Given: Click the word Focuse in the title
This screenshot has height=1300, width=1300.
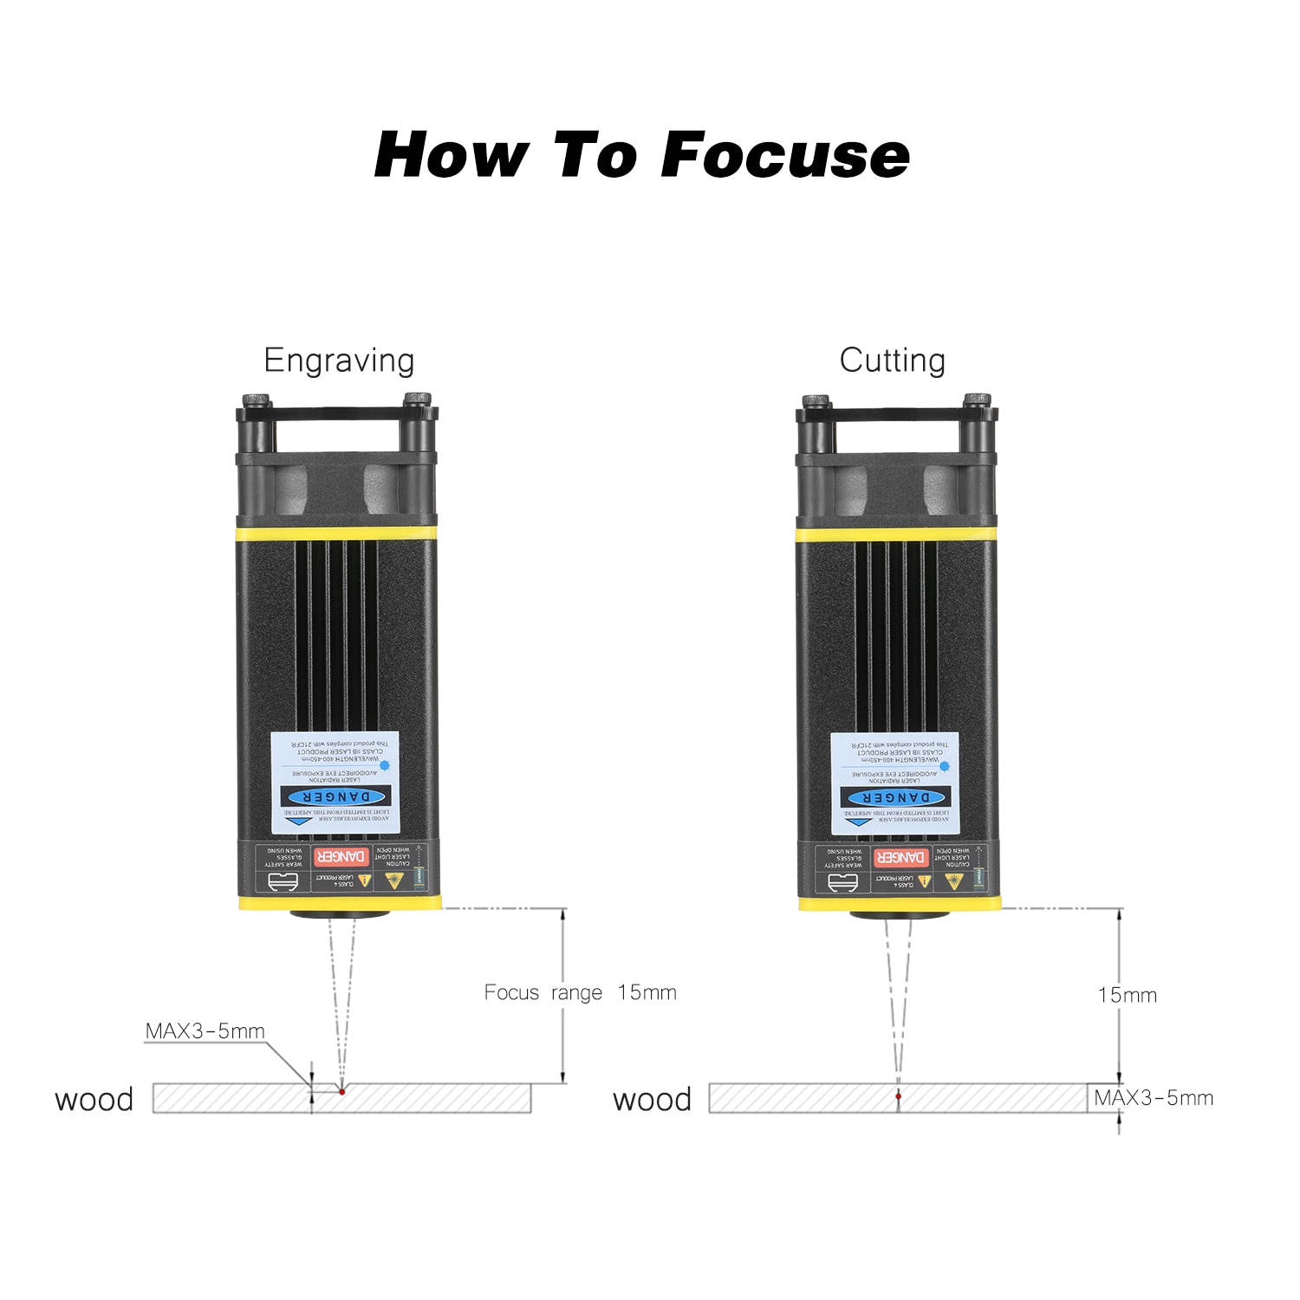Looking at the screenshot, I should pyautogui.click(x=785, y=156).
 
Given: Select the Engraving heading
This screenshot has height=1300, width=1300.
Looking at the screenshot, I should pyautogui.click(x=339, y=361).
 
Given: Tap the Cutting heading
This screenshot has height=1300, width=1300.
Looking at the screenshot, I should pyautogui.click(x=892, y=361).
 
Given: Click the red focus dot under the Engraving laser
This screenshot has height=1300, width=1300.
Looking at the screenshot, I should pyautogui.click(x=342, y=1091).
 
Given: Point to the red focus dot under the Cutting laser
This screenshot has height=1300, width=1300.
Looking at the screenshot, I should pyautogui.click(x=899, y=1096).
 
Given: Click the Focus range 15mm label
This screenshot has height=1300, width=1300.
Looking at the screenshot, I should pyautogui.click(x=580, y=992).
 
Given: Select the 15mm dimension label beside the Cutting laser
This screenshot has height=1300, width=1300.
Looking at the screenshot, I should pyautogui.click(x=1127, y=995).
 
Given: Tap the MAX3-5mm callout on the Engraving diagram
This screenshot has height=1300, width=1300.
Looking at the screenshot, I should pyautogui.click(x=205, y=1031).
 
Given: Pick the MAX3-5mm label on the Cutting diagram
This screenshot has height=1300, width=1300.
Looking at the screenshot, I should pyautogui.click(x=1153, y=1098).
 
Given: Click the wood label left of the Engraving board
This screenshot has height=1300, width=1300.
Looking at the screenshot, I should pyautogui.click(x=94, y=1100).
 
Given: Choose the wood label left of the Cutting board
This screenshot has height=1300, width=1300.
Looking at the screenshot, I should pyautogui.click(x=652, y=1100).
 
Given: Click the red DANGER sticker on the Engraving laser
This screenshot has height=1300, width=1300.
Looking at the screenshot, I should pyautogui.click(x=341, y=856).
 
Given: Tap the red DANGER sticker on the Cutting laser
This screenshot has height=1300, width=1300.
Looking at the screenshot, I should pyautogui.click(x=901, y=857).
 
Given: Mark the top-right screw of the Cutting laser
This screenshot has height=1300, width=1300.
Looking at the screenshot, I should pyautogui.click(x=977, y=400).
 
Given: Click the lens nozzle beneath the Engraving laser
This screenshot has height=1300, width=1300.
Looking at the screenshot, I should pyautogui.click(x=340, y=913).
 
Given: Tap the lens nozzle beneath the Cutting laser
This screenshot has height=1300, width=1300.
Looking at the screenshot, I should pyautogui.click(x=900, y=913).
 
